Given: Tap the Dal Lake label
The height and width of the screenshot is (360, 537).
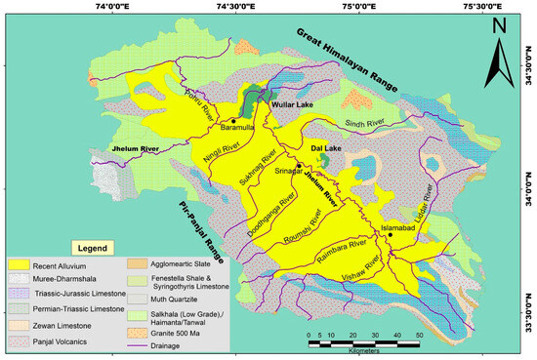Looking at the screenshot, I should tap(324, 148).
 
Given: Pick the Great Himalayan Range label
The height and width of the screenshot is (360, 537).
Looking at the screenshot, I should tap(349, 60).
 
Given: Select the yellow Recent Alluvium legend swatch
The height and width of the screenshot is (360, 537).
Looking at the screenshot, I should tap(20, 264).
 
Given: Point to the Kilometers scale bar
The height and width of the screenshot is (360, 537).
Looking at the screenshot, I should tap(362, 341).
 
